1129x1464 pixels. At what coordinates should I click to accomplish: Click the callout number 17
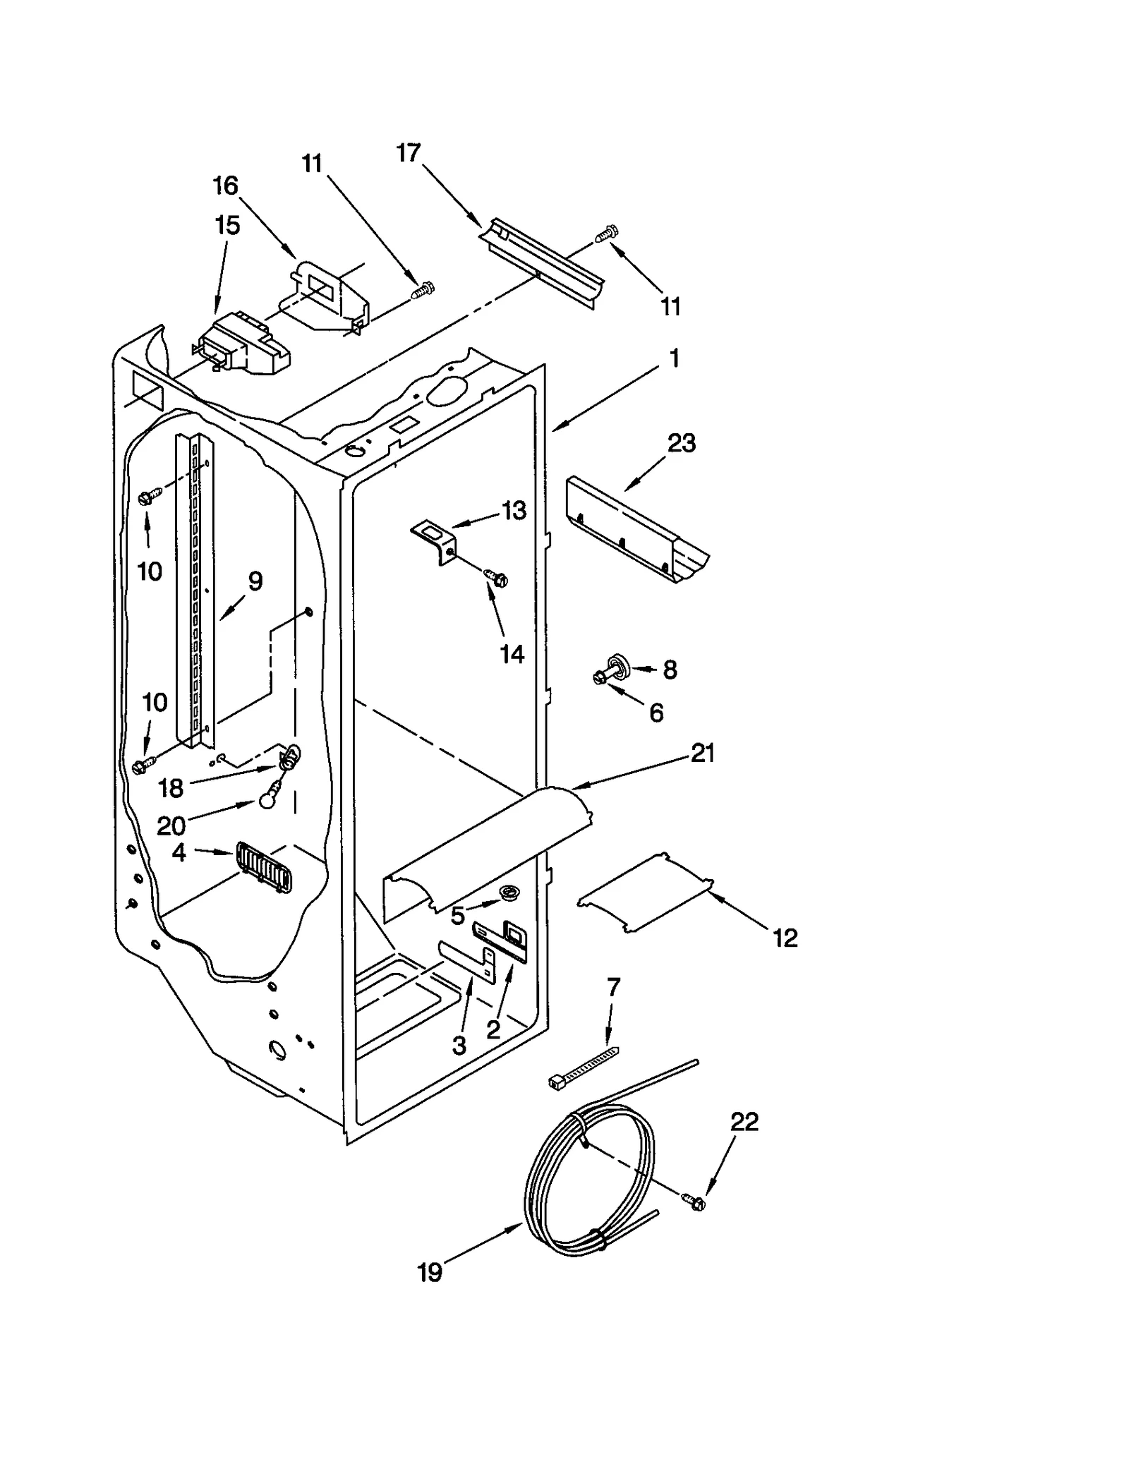[409, 152]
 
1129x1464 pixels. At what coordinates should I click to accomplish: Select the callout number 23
[681, 444]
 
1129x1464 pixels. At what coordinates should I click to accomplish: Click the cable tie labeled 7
[584, 1065]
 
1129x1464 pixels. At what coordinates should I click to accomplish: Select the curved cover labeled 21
[487, 843]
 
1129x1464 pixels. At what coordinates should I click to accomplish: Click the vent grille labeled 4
[264, 868]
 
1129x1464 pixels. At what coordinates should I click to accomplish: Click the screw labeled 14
[497, 578]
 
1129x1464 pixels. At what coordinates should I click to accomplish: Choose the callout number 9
[255, 581]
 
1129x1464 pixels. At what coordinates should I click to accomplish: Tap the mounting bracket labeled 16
[330, 296]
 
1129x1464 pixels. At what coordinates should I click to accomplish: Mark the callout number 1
[674, 358]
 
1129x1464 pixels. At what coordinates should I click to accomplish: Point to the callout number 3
[459, 1045]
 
